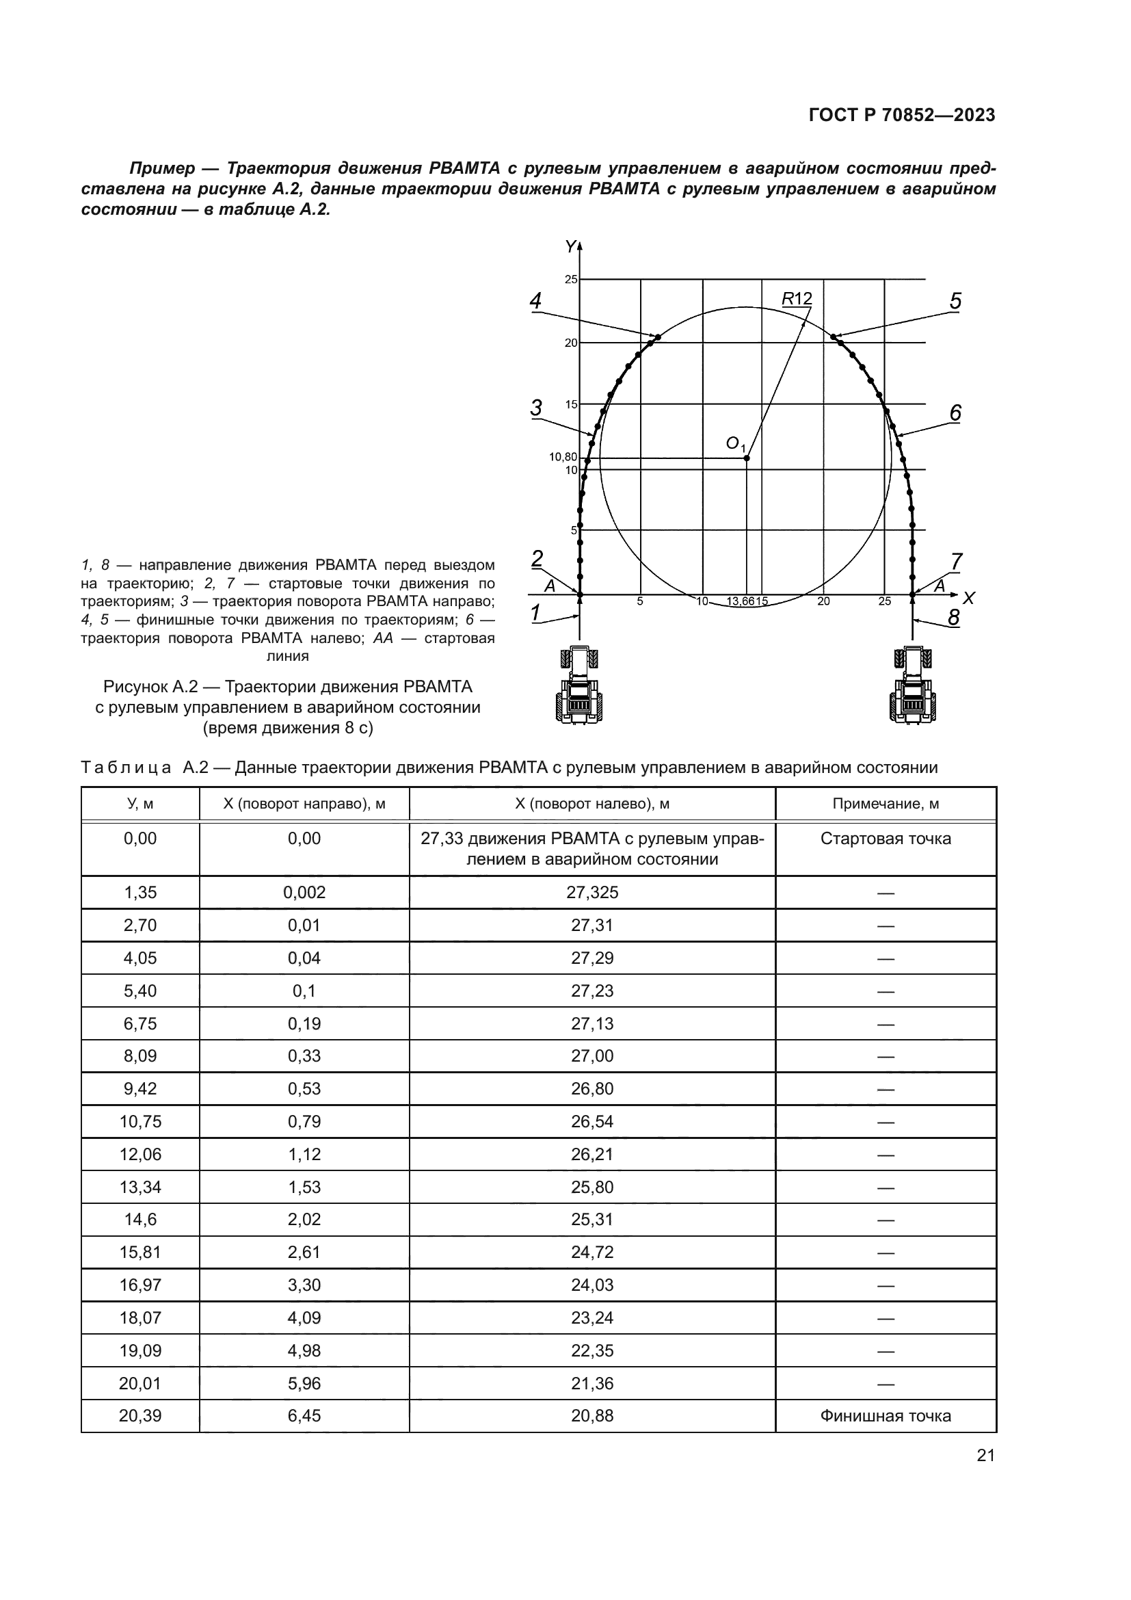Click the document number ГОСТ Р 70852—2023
click(x=902, y=116)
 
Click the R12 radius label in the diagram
click(x=797, y=299)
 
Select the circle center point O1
click(x=747, y=458)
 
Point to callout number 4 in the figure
click(x=535, y=301)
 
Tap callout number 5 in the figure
click(x=955, y=301)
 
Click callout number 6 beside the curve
click(x=955, y=413)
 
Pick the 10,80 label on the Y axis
click(x=563, y=457)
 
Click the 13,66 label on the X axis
click(x=740, y=601)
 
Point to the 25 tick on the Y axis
click(x=570, y=280)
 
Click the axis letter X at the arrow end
click(x=969, y=598)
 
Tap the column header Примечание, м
click(x=885, y=804)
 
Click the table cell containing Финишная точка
click(x=885, y=1415)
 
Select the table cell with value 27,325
click(x=592, y=893)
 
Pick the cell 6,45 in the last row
click(x=304, y=1415)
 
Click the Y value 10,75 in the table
click(x=140, y=1121)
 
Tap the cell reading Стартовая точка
click(x=885, y=839)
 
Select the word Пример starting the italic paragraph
click(x=162, y=169)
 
